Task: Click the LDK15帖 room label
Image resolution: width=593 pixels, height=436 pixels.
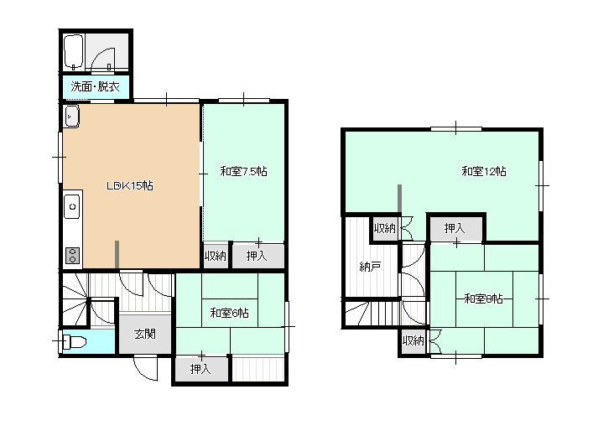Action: (x=130, y=185)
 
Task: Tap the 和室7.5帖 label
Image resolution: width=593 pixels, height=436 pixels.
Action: (x=243, y=171)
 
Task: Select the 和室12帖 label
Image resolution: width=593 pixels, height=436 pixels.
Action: (x=484, y=171)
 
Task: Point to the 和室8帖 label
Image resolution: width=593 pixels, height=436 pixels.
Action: (x=483, y=298)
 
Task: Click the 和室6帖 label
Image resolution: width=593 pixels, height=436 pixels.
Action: (x=229, y=313)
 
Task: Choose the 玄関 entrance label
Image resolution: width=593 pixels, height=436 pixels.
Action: (x=145, y=334)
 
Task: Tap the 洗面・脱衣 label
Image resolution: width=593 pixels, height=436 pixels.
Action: (x=96, y=86)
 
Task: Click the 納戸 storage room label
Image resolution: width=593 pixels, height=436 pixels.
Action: (x=370, y=267)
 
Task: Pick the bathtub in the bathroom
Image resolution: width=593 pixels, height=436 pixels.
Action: (x=73, y=52)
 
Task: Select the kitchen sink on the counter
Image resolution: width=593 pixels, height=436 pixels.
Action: (x=72, y=206)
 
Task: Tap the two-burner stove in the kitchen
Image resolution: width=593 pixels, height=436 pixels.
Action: (x=73, y=255)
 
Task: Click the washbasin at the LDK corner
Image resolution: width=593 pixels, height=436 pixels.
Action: (x=71, y=116)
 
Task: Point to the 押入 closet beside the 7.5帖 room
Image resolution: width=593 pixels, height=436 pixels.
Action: (x=258, y=256)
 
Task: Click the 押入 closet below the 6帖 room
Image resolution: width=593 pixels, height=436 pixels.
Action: (x=201, y=369)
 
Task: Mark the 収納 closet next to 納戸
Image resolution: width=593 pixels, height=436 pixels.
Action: (x=385, y=228)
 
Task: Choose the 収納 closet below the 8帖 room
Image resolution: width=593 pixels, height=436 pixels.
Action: (x=414, y=341)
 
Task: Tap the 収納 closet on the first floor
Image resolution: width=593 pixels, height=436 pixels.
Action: (x=216, y=256)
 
